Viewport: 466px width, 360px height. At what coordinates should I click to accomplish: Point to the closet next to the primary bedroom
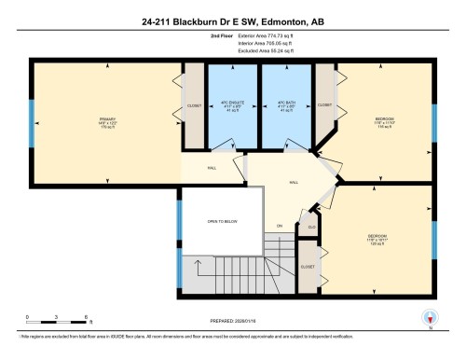194,105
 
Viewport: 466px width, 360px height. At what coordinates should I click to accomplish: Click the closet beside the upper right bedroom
324,105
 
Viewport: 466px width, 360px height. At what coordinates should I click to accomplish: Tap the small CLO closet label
312,225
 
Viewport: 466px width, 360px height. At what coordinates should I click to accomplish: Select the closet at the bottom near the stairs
308,266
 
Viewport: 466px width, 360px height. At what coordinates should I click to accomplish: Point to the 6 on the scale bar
86,317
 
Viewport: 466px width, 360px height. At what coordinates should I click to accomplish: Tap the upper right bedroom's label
384,120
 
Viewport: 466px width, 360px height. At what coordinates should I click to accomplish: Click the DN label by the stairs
279,226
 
